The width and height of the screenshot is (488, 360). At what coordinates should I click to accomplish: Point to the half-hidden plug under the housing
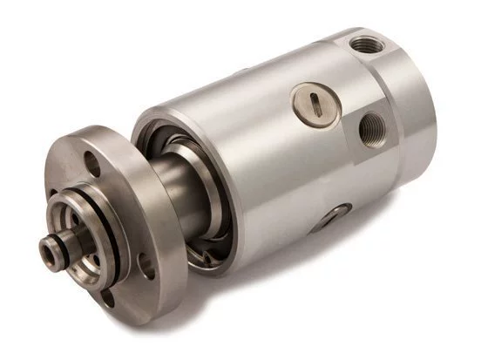335,213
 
